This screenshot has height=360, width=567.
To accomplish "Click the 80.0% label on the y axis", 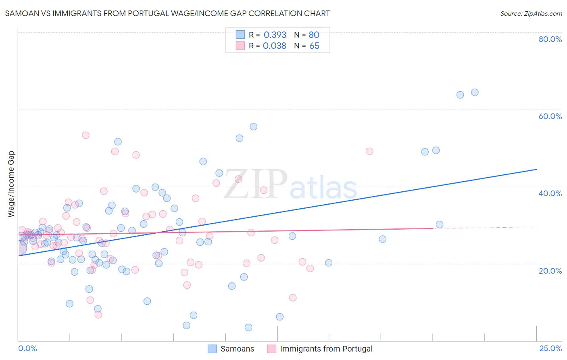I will point(550,39).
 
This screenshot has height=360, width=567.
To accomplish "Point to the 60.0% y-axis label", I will point(550,116).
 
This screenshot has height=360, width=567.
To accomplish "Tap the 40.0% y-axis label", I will point(550,193).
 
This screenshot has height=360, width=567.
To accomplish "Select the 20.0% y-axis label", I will point(550,271).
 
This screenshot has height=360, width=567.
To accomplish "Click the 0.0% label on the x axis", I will point(27,349).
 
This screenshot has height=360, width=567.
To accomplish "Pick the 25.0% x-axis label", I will point(550,349).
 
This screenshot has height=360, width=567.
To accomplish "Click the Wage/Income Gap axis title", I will point(11,184).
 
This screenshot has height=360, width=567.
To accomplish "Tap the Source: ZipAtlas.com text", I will point(531,14).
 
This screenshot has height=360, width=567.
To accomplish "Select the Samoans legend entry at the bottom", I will point(237,349).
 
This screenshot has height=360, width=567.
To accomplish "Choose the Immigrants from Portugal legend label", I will point(326,349).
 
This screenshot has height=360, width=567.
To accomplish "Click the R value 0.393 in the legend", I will point(275,35).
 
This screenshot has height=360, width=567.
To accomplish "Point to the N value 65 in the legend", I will point(314,46).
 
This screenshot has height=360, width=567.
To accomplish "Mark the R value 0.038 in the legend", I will point(275,46).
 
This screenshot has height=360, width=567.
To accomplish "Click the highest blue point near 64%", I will point(475,92).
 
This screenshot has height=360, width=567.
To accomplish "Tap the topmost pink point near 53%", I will point(85,135).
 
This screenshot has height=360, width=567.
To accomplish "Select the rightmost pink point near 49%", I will point(369,151).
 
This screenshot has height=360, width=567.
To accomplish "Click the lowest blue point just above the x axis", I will point(248,327).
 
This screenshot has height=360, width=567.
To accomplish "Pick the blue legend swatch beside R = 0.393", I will point(240,35).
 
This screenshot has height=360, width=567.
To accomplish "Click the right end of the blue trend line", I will point(536,170).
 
